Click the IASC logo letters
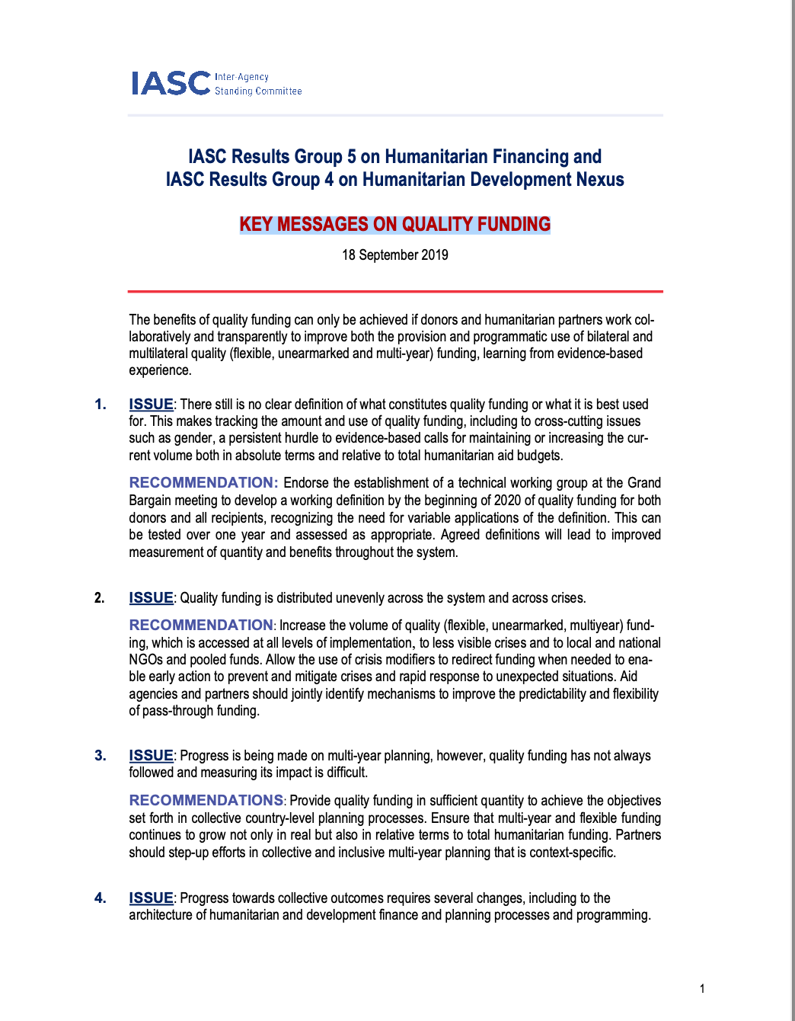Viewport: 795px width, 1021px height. point(171,83)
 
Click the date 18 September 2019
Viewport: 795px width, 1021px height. point(394,254)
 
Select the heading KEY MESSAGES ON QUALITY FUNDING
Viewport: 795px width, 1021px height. point(394,224)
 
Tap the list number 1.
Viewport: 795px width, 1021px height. point(101,404)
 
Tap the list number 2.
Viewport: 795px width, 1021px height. point(100,598)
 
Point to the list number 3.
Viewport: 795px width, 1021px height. point(101,755)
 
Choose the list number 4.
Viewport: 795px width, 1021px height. point(101,898)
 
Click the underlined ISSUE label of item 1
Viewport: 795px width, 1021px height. point(151,404)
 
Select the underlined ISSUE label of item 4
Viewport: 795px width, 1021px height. point(151,898)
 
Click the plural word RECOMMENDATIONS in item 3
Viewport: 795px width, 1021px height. point(206,800)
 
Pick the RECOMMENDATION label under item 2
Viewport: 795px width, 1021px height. point(200,625)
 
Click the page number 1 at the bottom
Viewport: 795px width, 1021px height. point(702,989)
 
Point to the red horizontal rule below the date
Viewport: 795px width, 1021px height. point(394,291)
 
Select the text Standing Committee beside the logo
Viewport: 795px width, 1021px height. point(258,91)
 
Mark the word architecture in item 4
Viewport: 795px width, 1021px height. point(161,914)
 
